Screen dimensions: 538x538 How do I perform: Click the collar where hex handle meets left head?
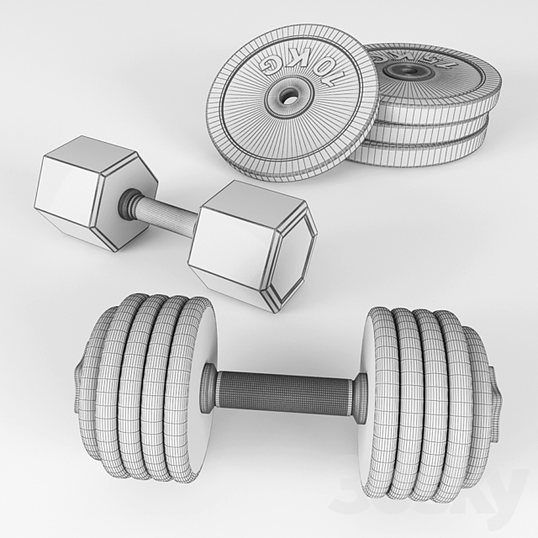128,203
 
